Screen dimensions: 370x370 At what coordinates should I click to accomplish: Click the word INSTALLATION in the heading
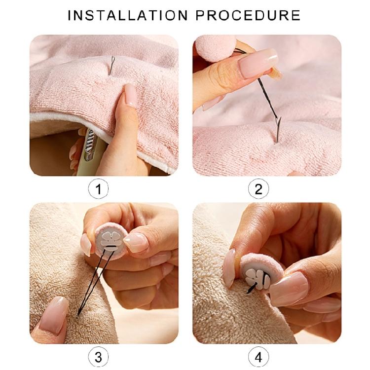pos(127,15)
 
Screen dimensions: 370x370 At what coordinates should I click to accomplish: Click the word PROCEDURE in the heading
pos(248,15)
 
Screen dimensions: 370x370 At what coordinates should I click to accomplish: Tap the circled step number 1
pos(98,189)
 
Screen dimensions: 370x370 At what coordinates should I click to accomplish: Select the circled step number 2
pos(259,189)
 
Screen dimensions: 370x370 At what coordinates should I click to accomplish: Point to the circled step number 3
pos(98,357)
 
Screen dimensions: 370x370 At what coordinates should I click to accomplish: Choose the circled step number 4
pos(259,357)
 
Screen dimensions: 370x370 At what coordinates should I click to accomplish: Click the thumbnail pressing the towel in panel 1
pos(131,94)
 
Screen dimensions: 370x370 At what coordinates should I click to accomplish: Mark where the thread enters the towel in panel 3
pos(78,315)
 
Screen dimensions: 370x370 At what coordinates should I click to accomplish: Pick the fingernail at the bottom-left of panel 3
pos(53,315)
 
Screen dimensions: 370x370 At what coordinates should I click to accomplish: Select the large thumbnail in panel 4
pos(289,289)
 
